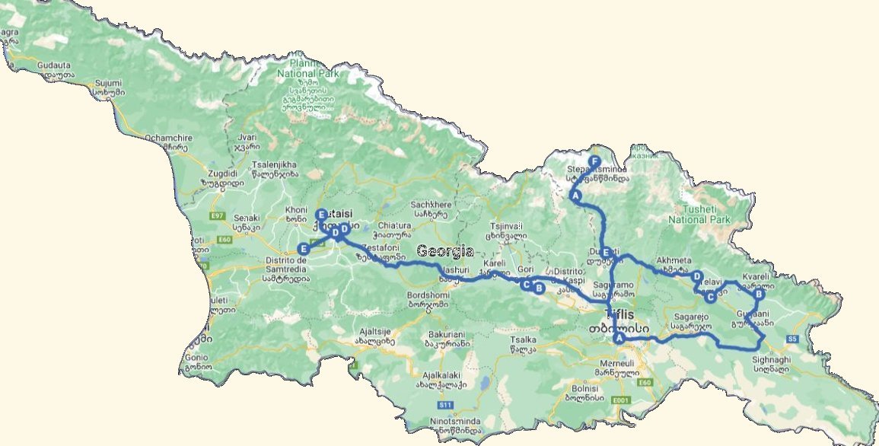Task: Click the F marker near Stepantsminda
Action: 594,161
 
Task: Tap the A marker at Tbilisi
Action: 619,337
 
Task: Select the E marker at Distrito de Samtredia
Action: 304,248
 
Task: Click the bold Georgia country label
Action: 445,251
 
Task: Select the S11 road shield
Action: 446,405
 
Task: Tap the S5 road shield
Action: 791,339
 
